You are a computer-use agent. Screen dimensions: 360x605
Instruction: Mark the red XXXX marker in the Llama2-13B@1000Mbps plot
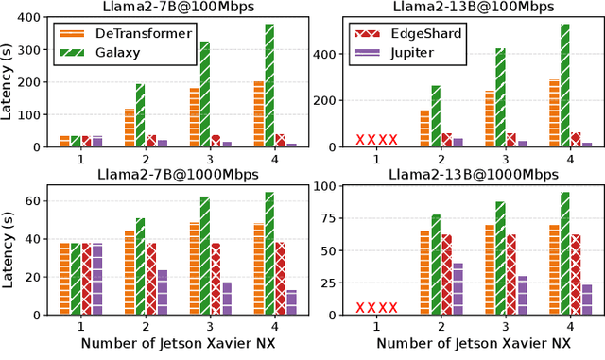point(376,307)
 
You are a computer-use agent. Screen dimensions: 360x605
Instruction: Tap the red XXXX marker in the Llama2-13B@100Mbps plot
point(376,140)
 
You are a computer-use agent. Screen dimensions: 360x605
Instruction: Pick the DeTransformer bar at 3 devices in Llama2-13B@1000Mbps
point(489,269)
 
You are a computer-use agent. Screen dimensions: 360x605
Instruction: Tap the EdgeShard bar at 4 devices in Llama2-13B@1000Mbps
point(577,274)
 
